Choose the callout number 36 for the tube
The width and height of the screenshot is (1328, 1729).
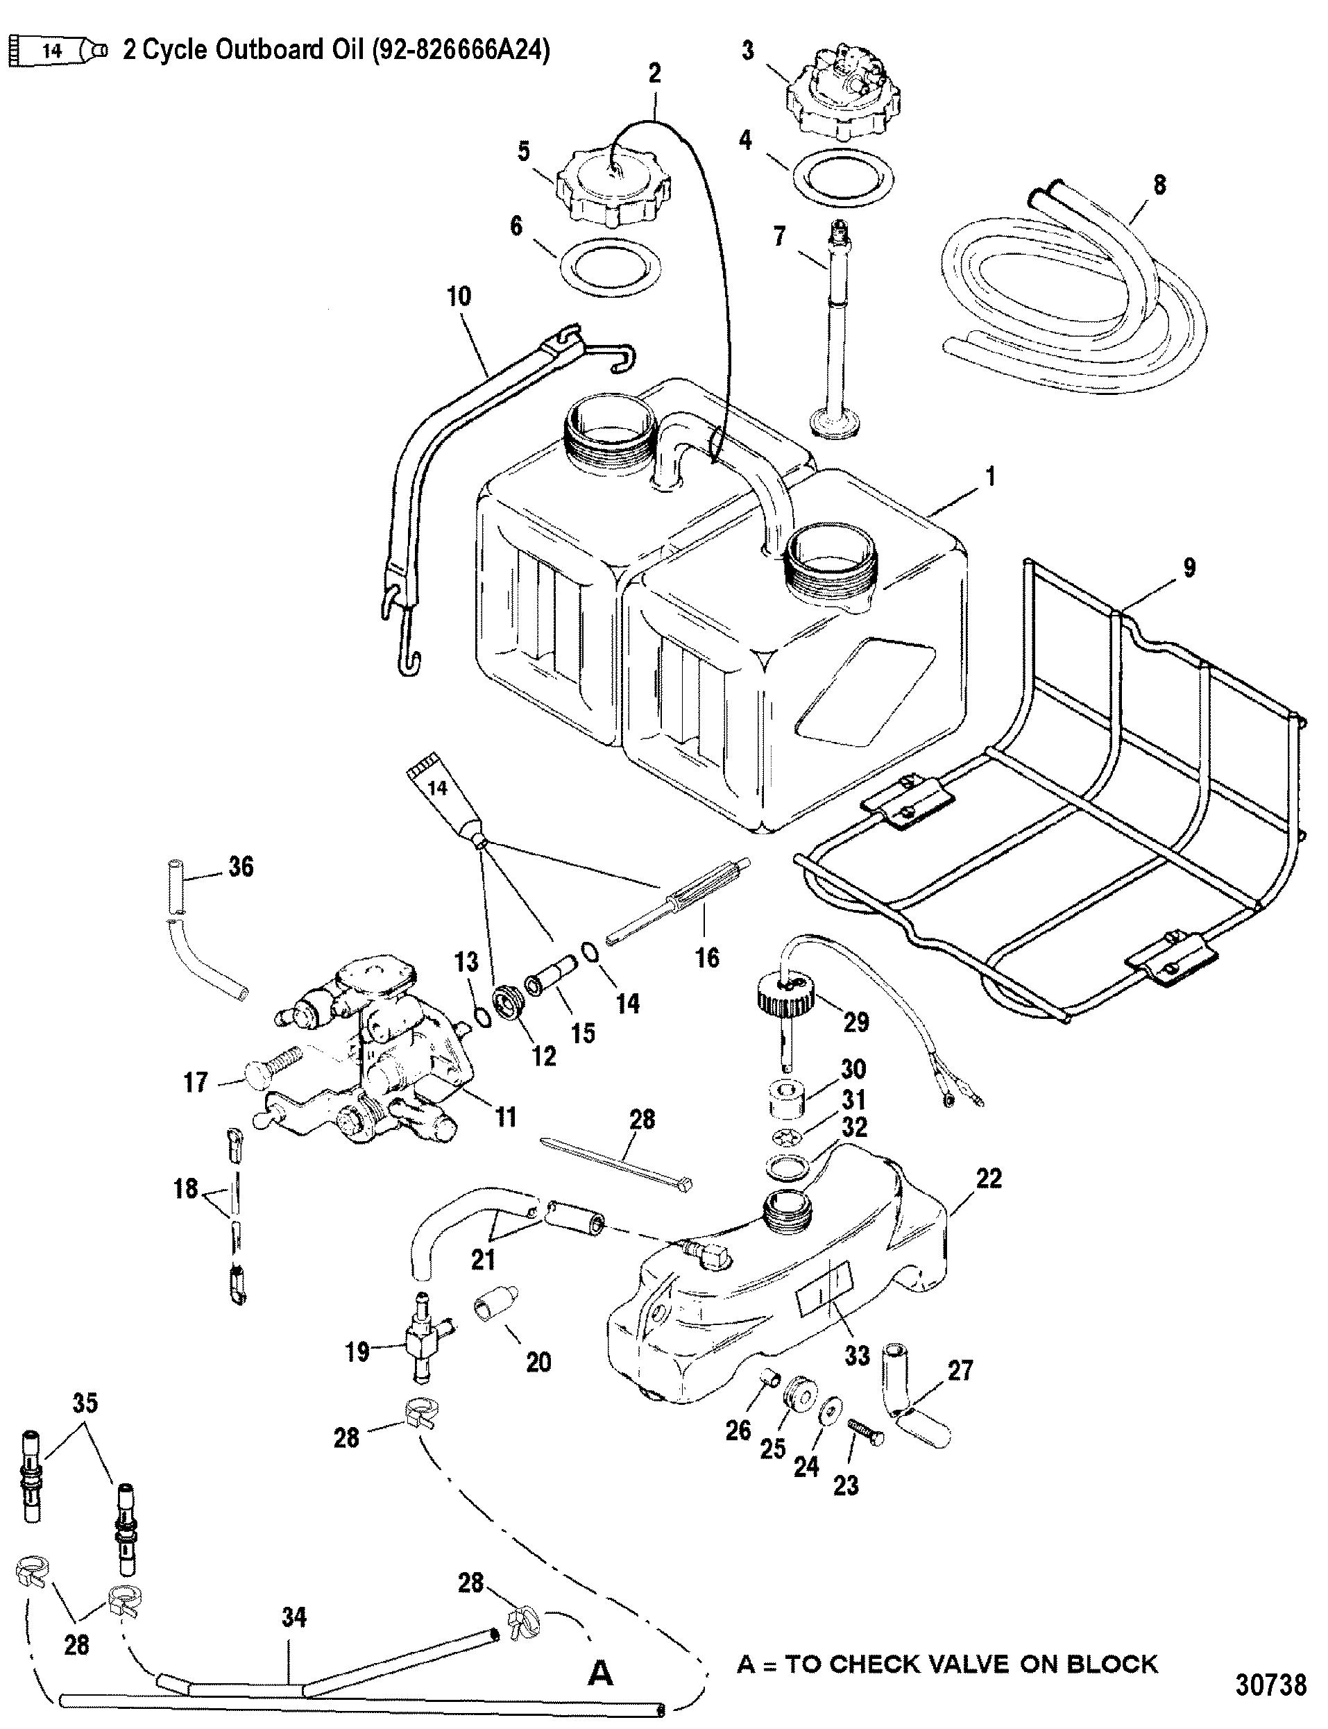click(x=241, y=866)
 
